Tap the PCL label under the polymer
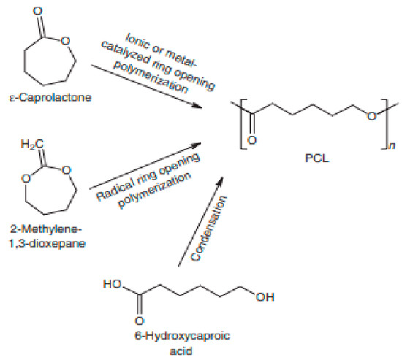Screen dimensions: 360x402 [314, 156]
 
